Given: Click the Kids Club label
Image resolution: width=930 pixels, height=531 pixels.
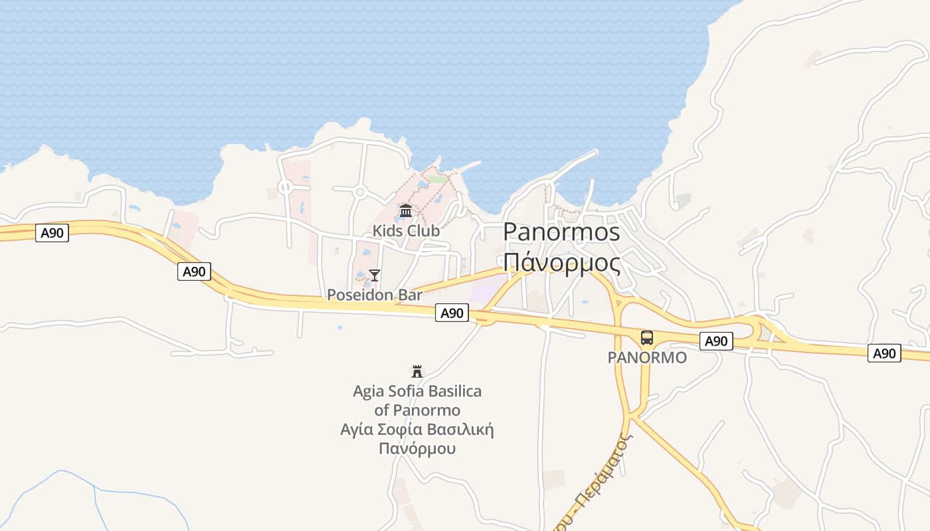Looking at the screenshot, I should (x=406, y=231).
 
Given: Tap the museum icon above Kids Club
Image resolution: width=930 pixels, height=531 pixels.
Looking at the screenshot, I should (x=406, y=211).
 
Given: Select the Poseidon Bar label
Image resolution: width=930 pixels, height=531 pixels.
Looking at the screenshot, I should (x=375, y=295).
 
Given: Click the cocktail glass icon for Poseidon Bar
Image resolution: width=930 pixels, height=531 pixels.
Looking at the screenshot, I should (x=375, y=275).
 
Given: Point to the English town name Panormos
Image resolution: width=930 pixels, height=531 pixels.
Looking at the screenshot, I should (x=561, y=232).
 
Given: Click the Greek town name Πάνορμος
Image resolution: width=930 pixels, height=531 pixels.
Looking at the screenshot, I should (x=561, y=262).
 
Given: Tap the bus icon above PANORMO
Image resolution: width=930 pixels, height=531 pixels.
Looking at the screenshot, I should (x=647, y=337).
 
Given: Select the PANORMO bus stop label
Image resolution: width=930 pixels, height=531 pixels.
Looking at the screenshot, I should (x=647, y=358).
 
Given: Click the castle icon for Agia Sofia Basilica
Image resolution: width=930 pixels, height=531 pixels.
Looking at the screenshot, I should (x=417, y=371).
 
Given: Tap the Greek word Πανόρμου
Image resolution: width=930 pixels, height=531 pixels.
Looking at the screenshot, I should (x=417, y=448).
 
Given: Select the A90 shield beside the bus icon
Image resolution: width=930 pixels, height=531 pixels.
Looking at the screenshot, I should (x=716, y=341).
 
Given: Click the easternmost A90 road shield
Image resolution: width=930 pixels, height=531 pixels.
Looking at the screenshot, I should (x=884, y=353).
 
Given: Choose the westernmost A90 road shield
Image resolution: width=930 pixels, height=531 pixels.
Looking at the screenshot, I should (x=52, y=233).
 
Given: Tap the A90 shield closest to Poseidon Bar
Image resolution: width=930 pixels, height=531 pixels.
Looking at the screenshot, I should (x=452, y=313).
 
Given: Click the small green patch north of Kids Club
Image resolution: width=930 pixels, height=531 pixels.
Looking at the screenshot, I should (x=436, y=179).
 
